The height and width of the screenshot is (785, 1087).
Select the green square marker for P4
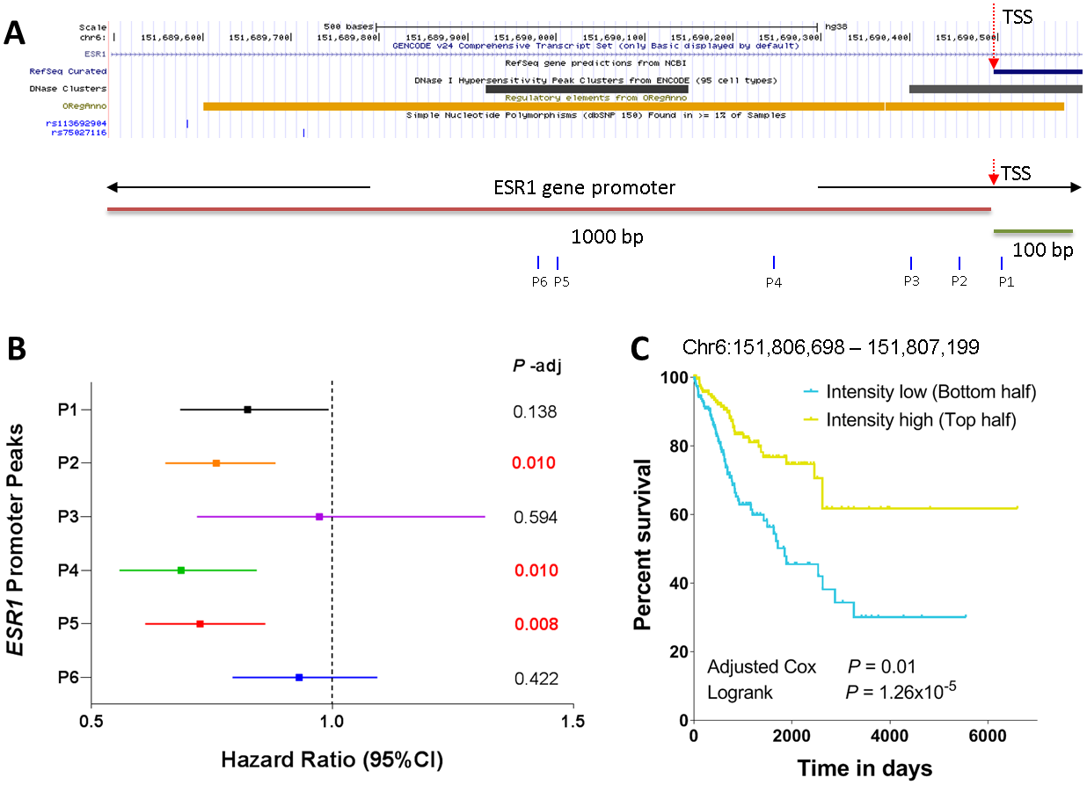pyautogui.click(x=181, y=571)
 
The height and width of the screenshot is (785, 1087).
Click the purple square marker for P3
pyautogui.click(x=319, y=517)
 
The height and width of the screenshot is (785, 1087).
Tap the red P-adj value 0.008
pyautogui.click(x=535, y=625)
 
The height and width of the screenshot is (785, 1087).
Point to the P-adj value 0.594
pyautogui.click(x=535, y=517)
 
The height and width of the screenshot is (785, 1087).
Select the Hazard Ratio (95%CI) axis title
pyautogui.click(x=332, y=758)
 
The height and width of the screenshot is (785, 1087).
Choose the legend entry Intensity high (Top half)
pyautogui.click(x=921, y=420)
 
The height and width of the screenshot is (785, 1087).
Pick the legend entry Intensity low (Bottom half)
pyautogui.click(x=930, y=392)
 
